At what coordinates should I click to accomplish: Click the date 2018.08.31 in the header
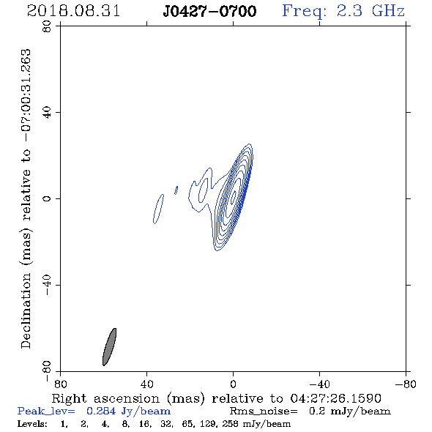pos(73,11)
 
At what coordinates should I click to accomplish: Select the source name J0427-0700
pos(209,12)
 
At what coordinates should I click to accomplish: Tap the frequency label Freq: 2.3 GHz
pos(343,11)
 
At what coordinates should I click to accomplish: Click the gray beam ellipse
pos(109,347)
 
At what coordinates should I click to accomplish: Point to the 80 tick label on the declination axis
pos(47,26)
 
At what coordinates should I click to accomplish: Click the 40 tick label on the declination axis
pos(47,113)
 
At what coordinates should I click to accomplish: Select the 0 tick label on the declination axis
pos(47,198)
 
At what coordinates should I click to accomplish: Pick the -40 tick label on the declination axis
pos(47,285)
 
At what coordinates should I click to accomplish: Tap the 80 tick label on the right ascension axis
pos(60,384)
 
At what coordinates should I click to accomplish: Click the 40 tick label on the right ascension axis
pos(147,384)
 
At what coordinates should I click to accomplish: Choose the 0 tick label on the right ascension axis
pos(233,384)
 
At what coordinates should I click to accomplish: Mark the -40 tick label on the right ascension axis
pos(319,384)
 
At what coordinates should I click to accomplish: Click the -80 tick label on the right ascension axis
pos(406,384)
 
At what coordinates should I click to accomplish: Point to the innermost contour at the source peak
pos(234,197)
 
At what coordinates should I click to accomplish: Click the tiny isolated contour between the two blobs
pos(176,190)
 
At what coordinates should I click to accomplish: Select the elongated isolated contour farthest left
pos(158,209)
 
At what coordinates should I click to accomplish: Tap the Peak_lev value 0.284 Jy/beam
pos(129,411)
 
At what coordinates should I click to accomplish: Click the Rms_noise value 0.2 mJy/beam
pos(350,411)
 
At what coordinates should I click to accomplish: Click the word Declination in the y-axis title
pos(26,310)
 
